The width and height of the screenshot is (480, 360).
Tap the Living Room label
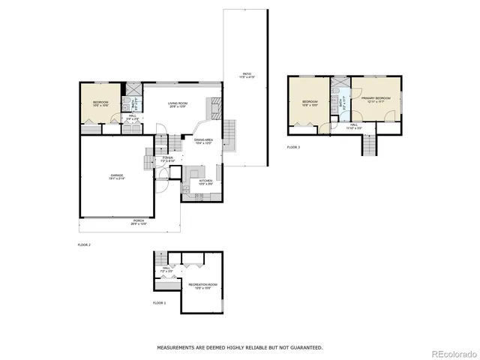(x=178, y=104)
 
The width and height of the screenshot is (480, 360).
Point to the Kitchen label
(x=205, y=181)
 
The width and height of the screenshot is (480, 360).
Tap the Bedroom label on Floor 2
(x=101, y=103)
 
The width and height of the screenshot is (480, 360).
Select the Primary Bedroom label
(x=375, y=100)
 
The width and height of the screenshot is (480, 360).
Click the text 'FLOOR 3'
(x=293, y=147)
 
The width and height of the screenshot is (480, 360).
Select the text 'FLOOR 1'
(x=159, y=302)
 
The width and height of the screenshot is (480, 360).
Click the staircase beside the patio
(x=230, y=135)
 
